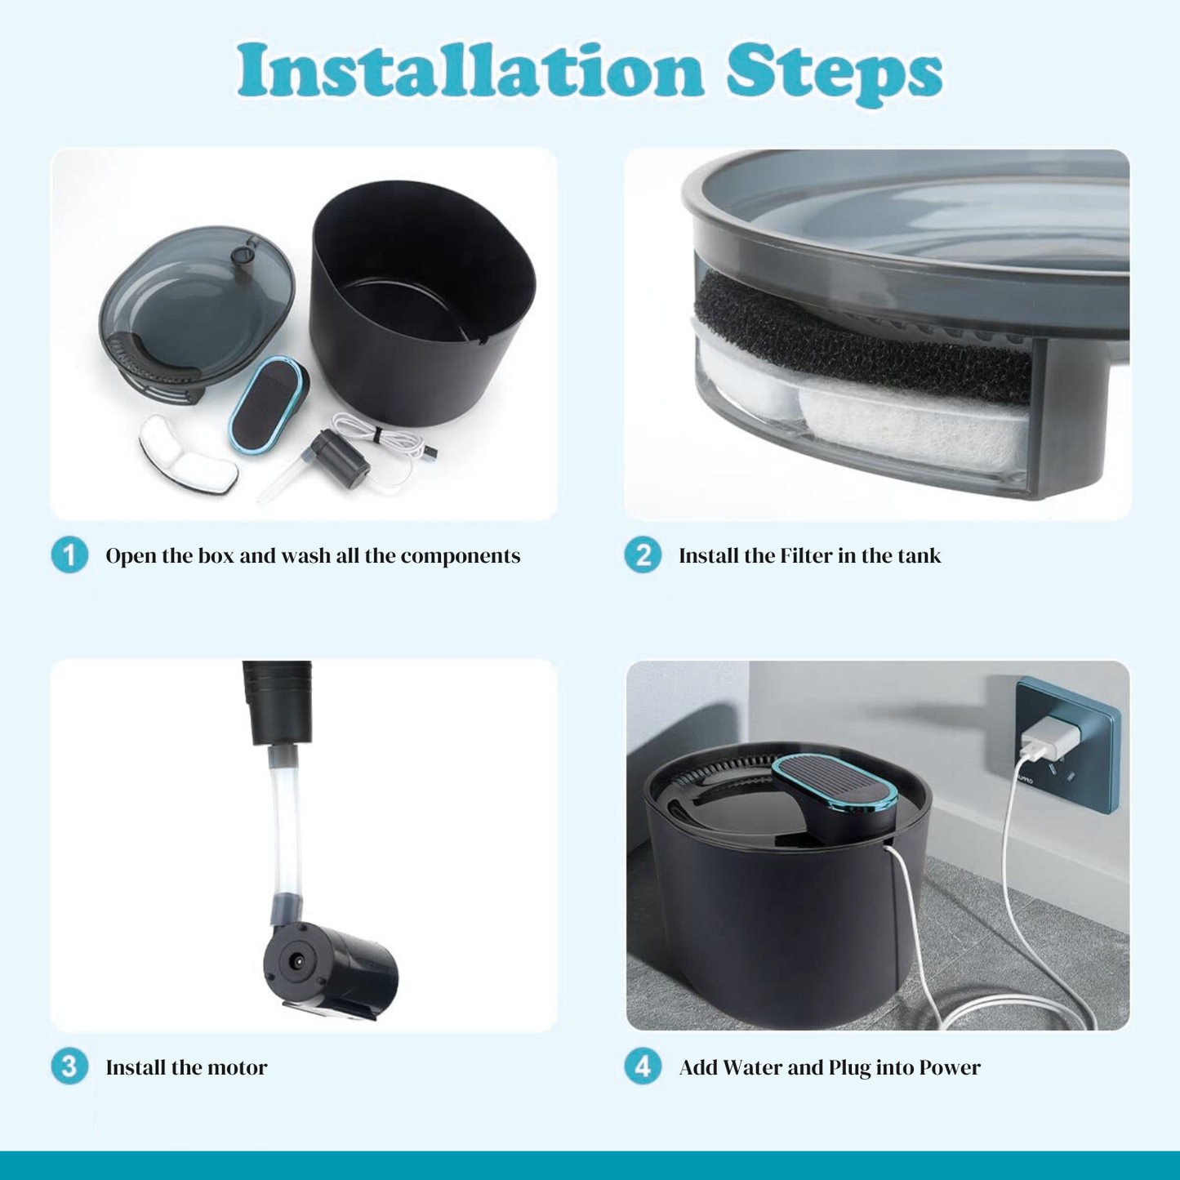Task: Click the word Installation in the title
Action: (470, 69)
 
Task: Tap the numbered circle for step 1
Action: (69, 554)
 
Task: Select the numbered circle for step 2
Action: (643, 554)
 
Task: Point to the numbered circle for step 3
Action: (69, 1066)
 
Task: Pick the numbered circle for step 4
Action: (643, 1066)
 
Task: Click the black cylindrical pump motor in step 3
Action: (331, 968)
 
